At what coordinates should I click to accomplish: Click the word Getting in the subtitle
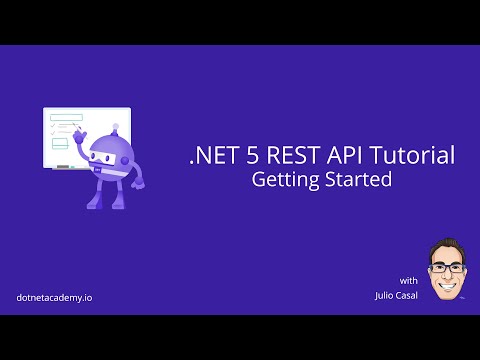coord(282,182)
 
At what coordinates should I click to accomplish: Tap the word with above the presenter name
coord(408,279)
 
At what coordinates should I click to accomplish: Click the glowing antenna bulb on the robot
coord(116,127)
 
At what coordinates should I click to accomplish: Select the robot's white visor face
coord(106,155)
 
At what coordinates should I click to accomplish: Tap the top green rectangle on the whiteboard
coord(66,117)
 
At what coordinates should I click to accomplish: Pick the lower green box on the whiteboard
coord(60,141)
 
